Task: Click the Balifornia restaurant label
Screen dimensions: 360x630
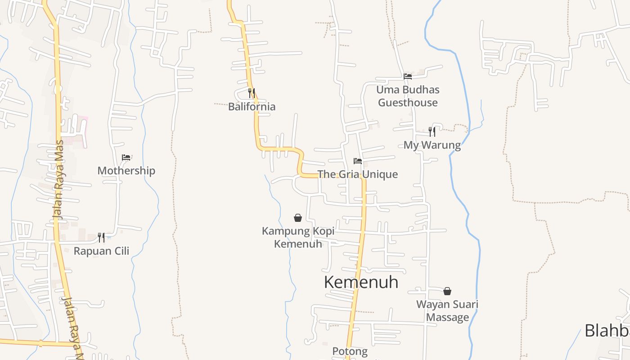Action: point(252,107)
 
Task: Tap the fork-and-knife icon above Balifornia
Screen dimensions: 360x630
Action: point(252,93)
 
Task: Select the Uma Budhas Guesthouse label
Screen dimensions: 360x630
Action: point(408,96)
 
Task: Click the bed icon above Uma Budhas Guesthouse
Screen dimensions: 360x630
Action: point(408,76)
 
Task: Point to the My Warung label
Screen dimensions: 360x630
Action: point(432,145)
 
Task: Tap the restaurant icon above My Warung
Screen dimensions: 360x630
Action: point(432,131)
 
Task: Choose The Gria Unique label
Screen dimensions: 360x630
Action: point(358,174)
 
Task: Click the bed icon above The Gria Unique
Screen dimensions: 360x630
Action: point(358,161)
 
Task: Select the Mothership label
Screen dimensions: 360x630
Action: point(126,171)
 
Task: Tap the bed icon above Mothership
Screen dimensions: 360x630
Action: point(126,157)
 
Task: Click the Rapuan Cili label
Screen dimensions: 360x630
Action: point(101,251)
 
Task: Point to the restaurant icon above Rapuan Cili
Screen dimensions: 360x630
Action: point(101,237)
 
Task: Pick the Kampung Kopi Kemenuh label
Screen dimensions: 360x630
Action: point(298,237)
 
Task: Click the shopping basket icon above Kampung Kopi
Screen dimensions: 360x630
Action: point(298,218)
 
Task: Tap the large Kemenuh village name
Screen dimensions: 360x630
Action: point(361,282)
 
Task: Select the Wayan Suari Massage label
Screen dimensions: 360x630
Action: point(447,310)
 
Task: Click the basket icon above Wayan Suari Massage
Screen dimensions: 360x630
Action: point(447,291)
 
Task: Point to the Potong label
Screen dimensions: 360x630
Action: point(350,351)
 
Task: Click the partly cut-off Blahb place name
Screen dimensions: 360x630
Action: point(607,330)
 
